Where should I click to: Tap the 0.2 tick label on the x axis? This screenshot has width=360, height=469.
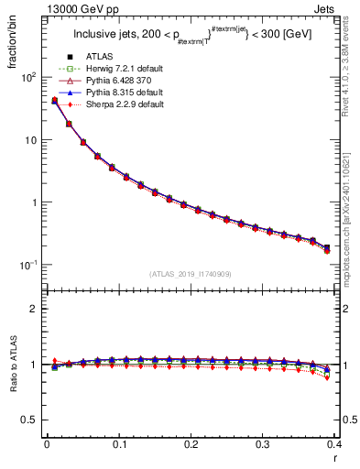pos(191,444)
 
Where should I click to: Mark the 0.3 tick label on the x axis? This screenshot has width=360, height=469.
pos(263,444)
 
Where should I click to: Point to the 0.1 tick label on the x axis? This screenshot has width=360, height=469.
pos(118,444)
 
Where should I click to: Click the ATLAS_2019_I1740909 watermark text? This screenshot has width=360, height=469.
pos(191,274)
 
